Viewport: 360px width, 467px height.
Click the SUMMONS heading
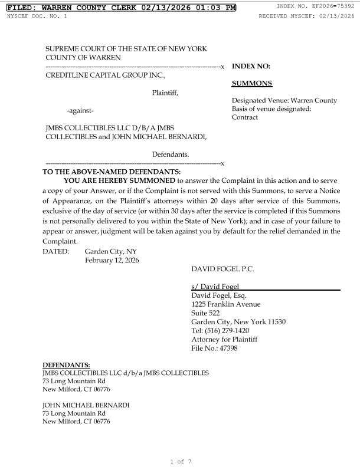click(252, 84)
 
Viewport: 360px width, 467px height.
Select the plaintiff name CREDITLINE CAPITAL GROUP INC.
click(106, 74)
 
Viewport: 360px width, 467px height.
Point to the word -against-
click(80, 110)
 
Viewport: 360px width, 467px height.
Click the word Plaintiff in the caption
click(165, 92)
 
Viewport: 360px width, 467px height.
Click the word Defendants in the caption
click(171, 154)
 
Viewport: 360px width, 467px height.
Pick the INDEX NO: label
click(251, 67)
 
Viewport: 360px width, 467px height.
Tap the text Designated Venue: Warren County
click(284, 100)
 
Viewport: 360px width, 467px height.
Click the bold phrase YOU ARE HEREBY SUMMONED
click(119, 180)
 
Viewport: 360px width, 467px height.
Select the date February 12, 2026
click(112, 260)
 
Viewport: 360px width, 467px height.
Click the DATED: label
click(56, 251)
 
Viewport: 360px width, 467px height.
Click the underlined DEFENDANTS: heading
click(66, 365)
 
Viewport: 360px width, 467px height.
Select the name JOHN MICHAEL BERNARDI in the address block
click(86, 405)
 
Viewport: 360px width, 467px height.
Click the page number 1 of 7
click(180, 461)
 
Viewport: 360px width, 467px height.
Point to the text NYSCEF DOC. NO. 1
click(37, 15)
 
